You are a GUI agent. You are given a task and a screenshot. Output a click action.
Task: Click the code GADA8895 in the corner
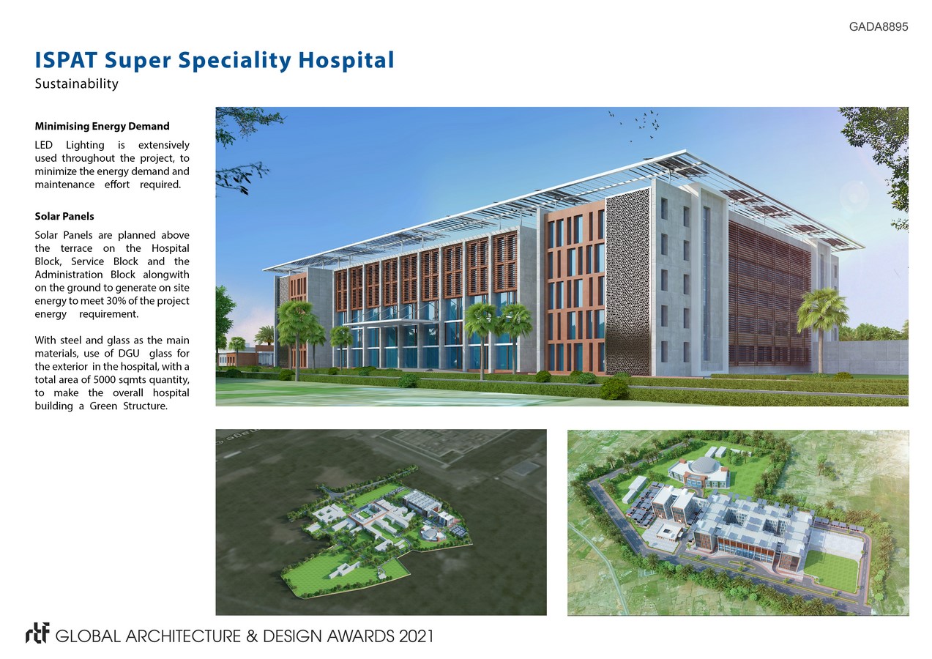pos(879,26)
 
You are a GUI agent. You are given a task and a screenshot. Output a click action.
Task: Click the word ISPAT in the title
pos(66,60)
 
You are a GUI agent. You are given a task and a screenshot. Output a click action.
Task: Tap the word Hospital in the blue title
pos(346,61)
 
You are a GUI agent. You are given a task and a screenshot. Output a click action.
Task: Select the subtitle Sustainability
pos(77,83)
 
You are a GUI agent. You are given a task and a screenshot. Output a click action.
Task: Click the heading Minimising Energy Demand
pos(102,126)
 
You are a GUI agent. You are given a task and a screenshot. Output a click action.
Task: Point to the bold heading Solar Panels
pos(64,216)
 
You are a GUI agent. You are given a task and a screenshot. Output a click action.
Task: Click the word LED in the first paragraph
pos(44,145)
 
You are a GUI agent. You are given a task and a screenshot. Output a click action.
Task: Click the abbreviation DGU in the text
pos(129,353)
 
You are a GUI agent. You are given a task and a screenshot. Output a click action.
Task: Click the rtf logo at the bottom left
pos(37,633)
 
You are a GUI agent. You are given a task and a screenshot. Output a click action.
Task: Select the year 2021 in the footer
pos(417,636)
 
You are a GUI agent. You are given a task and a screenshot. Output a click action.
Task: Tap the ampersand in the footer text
pos(252,636)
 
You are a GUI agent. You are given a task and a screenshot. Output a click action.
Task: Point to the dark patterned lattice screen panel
pos(628,282)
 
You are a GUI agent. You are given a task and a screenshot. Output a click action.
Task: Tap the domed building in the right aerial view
pos(699,472)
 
